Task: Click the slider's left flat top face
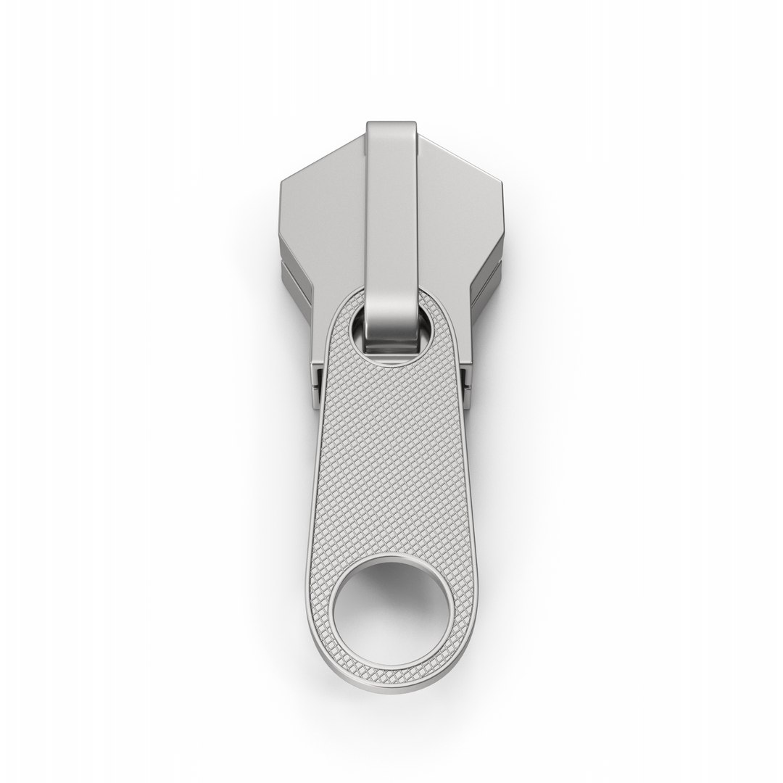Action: point(323,210)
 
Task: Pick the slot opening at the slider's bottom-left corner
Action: point(317,385)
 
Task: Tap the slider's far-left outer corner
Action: point(280,181)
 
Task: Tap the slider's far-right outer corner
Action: point(502,181)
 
